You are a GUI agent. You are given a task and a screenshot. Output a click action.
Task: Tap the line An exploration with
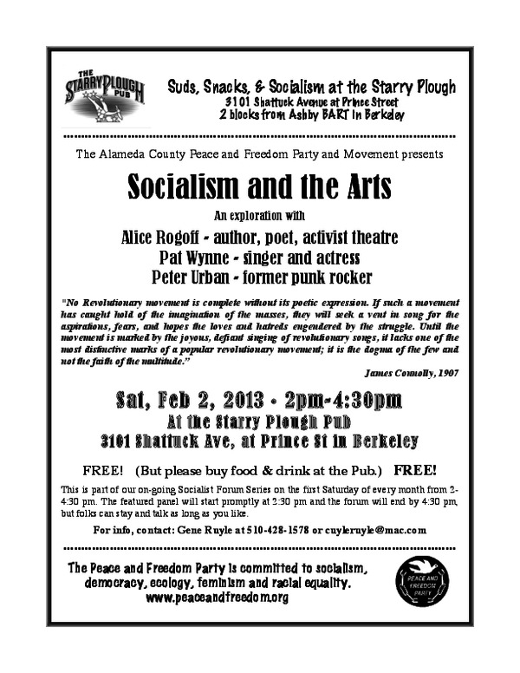(x=259, y=215)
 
